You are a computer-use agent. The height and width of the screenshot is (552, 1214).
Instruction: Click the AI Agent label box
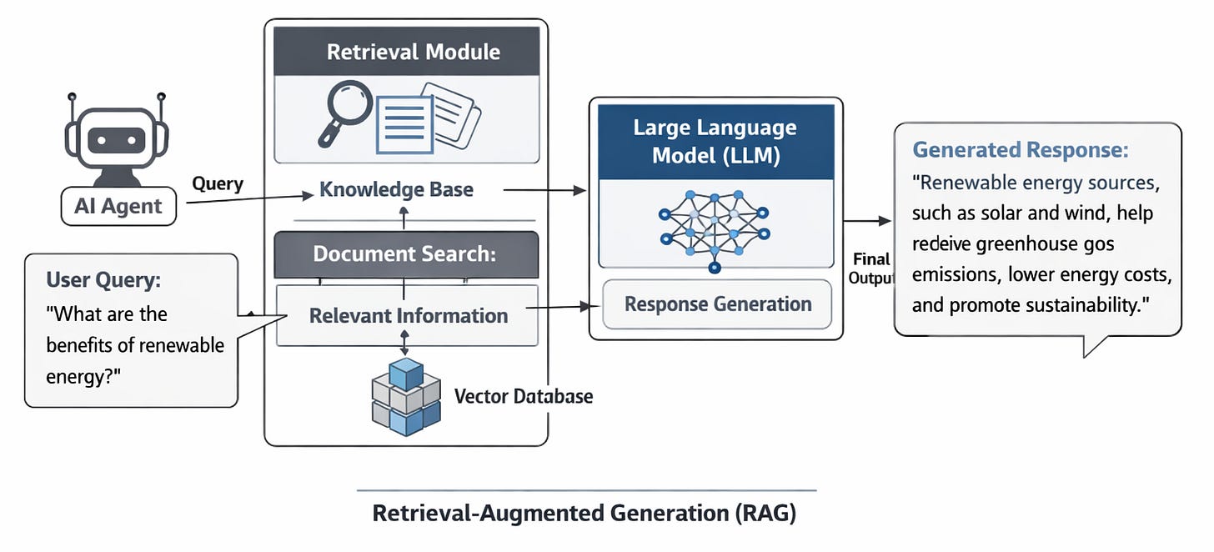(118, 206)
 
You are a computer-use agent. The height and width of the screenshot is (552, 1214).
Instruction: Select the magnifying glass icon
(343, 112)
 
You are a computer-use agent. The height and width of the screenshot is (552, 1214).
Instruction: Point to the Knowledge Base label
(396, 189)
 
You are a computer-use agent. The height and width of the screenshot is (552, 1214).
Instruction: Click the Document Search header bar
(405, 254)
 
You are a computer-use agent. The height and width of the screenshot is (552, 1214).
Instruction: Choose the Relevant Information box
(408, 316)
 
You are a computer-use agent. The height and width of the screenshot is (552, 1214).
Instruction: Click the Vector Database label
(524, 396)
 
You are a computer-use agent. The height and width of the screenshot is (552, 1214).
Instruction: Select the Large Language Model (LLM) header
(715, 142)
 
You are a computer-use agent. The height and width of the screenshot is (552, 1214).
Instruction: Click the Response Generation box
(717, 304)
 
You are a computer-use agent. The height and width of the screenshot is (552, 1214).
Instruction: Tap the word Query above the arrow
(218, 183)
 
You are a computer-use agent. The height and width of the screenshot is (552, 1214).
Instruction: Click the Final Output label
(871, 268)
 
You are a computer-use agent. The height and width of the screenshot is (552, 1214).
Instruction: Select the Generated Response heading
(1021, 150)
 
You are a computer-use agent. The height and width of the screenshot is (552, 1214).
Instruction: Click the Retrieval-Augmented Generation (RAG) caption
(584, 514)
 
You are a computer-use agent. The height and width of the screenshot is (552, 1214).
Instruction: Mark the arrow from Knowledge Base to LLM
(545, 191)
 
